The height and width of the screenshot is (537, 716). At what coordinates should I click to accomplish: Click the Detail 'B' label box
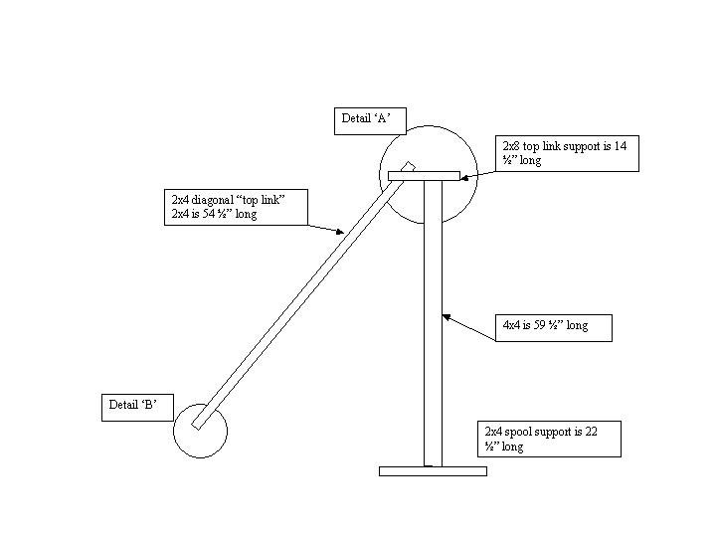pyautogui.click(x=138, y=406)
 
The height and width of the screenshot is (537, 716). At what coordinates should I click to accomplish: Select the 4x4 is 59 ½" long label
pyautogui.click(x=554, y=326)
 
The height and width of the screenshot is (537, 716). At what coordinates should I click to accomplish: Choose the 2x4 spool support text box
pyautogui.click(x=551, y=439)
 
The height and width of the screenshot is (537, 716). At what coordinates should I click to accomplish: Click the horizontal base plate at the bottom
pyautogui.click(x=433, y=471)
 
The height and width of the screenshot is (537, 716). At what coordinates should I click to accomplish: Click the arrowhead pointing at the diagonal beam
pyautogui.click(x=340, y=232)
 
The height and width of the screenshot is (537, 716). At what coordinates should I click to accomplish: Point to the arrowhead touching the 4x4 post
pyautogui.click(x=447, y=319)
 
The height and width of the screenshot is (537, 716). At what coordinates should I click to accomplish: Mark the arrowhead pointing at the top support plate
pyautogui.click(x=462, y=177)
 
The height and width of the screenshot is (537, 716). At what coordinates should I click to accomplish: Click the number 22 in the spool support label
pyautogui.click(x=602, y=432)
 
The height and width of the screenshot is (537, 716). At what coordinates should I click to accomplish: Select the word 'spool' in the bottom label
pyautogui.click(x=527, y=432)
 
